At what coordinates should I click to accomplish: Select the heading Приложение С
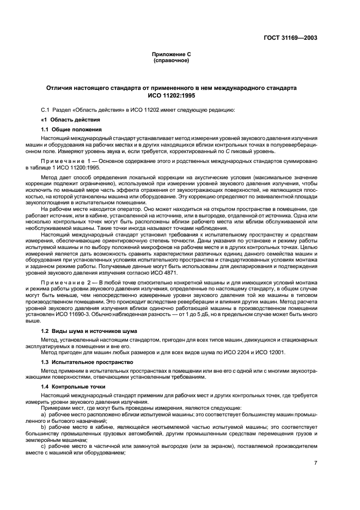click(171, 55)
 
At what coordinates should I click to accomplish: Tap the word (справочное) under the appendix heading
click(171, 60)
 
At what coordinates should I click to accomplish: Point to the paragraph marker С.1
click(47, 110)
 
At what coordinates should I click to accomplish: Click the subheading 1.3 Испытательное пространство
click(87, 361)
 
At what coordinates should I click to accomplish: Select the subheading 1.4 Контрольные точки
click(76, 387)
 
